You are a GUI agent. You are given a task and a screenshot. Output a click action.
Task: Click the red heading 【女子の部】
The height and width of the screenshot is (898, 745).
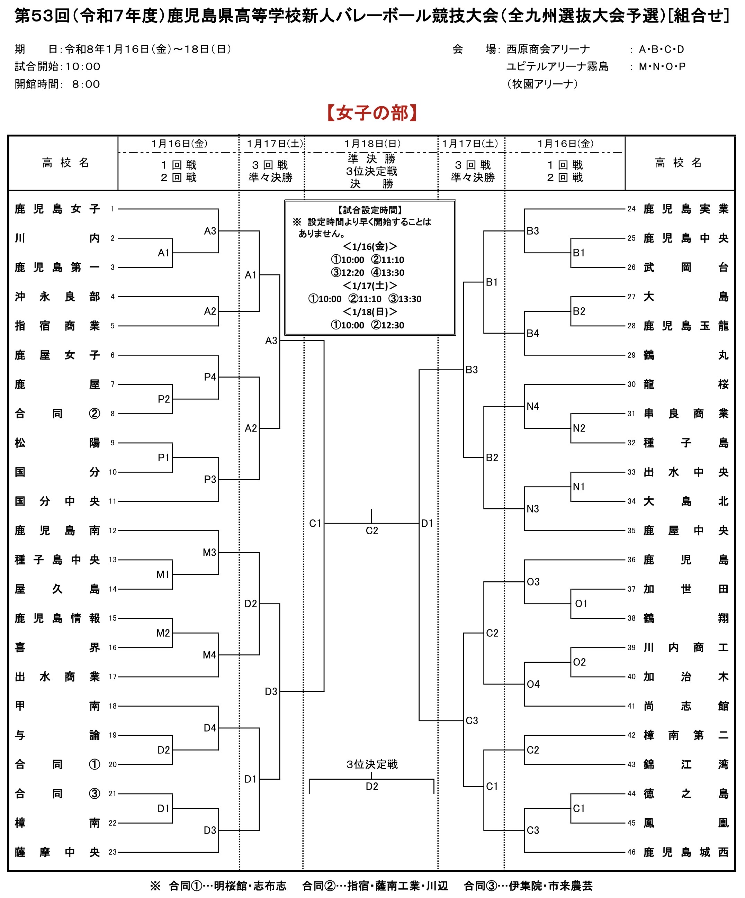(372, 113)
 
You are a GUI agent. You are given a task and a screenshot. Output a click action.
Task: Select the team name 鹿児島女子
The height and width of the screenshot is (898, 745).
(57, 209)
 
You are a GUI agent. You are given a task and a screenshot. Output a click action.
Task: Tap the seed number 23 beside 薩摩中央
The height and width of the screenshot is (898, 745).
(113, 852)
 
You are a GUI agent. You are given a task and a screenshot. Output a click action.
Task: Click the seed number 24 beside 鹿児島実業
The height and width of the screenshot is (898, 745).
(631, 209)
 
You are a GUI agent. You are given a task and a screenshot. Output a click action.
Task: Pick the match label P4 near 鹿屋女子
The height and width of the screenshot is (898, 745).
(210, 377)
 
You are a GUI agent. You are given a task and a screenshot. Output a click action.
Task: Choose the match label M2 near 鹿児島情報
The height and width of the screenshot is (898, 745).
(163, 633)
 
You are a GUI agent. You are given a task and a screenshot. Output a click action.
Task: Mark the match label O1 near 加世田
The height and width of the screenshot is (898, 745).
(581, 604)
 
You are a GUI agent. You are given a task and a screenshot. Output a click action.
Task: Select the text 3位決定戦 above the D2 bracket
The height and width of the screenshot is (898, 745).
(372, 764)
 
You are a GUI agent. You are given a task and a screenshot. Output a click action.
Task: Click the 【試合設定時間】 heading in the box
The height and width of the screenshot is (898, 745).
(370, 210)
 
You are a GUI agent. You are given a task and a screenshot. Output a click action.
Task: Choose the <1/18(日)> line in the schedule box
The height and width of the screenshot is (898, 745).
(370, 312)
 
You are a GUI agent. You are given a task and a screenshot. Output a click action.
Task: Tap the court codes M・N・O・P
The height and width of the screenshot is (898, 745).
(662, 67)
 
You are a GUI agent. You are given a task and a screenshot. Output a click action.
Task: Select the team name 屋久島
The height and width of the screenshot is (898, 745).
(57, 589)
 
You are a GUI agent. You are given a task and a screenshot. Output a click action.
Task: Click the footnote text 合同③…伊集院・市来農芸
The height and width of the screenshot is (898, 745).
(528, 886)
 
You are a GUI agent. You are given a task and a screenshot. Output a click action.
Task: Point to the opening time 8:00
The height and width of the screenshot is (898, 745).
(86, 84)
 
